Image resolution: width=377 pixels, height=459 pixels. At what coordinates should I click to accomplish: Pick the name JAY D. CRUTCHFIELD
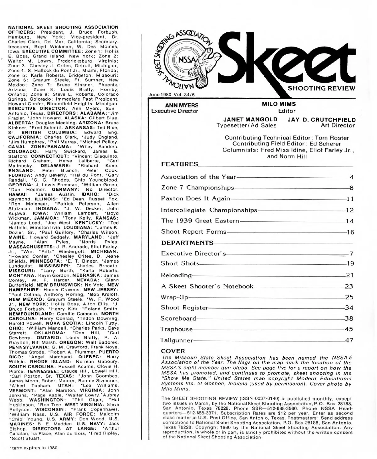click(x=322, y=120)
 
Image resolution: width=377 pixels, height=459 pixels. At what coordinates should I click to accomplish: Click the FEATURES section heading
click(x=180, y=164)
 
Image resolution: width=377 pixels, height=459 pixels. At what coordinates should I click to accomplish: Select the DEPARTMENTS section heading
click(x=187, y=243)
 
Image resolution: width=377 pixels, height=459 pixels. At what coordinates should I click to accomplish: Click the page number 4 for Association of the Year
click(x=352, y=178)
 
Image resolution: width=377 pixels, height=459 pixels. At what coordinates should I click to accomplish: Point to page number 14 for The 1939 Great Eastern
click(x=350, y=221)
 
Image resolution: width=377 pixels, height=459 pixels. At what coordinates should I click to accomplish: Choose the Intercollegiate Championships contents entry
click(x=209, y=210)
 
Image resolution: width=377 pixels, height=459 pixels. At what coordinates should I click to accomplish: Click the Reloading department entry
click(x=176, y=276)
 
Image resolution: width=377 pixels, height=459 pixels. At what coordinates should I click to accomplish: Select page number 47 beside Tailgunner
click(x=349, y=340)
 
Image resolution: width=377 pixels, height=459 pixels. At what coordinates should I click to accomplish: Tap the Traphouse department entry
click(x=177, y=329)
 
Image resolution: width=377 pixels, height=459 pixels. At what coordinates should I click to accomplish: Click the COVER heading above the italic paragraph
click(x=173, y=351)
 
